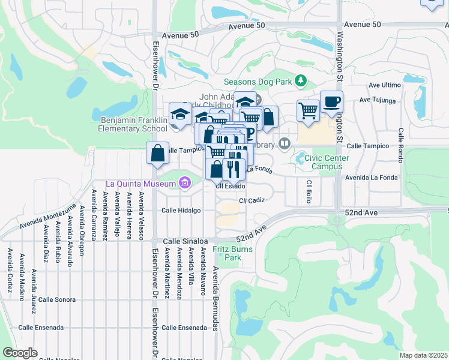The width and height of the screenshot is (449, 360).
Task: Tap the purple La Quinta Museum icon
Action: tap(185, 182)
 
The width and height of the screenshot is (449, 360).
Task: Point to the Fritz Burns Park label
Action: tap(228, 252)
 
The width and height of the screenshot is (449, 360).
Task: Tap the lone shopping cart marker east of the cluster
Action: tap(308, 110)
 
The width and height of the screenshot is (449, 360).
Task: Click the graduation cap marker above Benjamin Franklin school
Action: tap(180, 112)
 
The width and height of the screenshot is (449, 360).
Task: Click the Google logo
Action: tap(20, 353)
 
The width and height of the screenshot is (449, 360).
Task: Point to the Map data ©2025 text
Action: tap(423, 355)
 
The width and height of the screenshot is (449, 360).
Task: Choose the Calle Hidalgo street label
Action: tap(181, 211)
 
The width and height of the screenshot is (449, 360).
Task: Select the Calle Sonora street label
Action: tap(57, 299)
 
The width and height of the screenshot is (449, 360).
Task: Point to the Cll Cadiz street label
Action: tap(252, 200)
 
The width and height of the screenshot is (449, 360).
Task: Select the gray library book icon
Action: tap(285, 143)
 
